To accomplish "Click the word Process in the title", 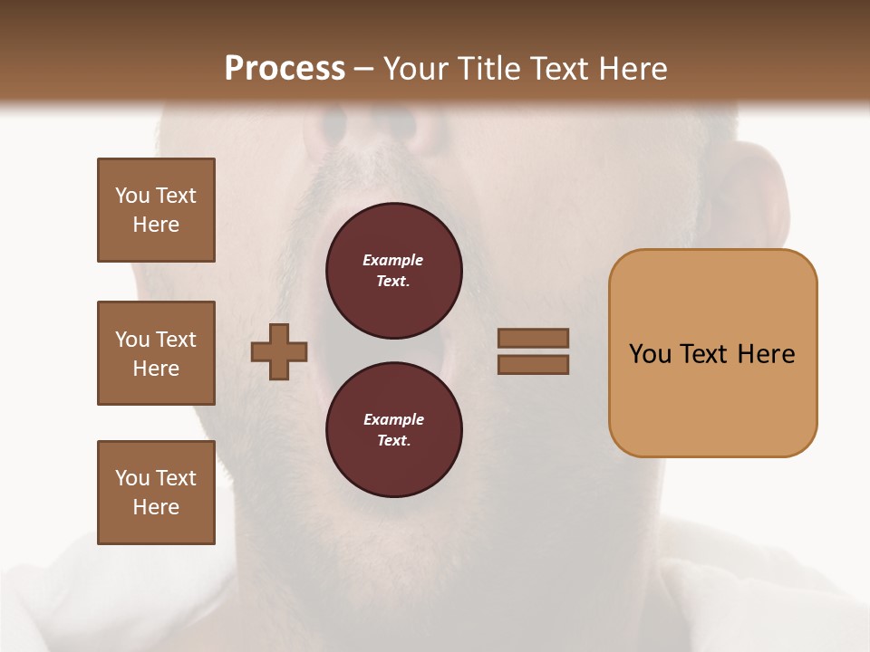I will (285, 69).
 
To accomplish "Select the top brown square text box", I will (156, 210).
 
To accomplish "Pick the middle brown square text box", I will (156, 353).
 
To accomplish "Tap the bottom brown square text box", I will (156, 493).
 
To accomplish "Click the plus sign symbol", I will (279, 351).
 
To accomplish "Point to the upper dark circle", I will (393, 271).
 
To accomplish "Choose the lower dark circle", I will (393, 430).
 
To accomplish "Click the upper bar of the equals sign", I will (533, 338).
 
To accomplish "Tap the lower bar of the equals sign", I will (533, 365).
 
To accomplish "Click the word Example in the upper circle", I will (392, 260).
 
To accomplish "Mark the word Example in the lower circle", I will (393, 419).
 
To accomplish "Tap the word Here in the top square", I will (156, 225).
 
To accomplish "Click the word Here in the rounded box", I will (767, 354).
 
